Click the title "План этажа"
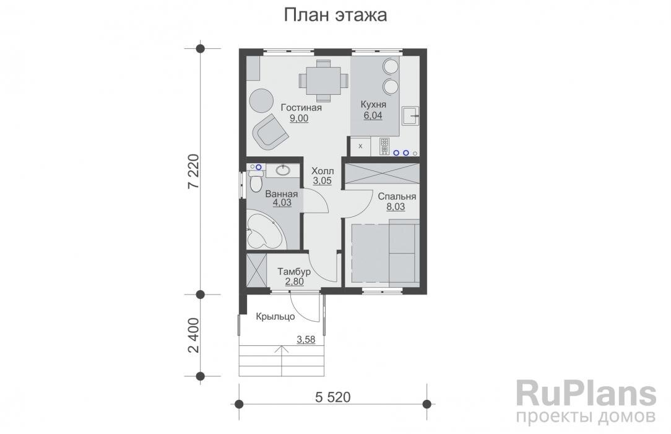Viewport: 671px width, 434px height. click(335, 15)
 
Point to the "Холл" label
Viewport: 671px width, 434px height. click(322, 170)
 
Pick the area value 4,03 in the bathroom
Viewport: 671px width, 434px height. click(281, 203)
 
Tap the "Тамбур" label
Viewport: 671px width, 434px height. click(294, 272)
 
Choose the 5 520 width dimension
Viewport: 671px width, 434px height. click(333, 396)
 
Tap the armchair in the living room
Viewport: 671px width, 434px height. click(270, 131)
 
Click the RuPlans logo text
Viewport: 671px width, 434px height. click(586, 393)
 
